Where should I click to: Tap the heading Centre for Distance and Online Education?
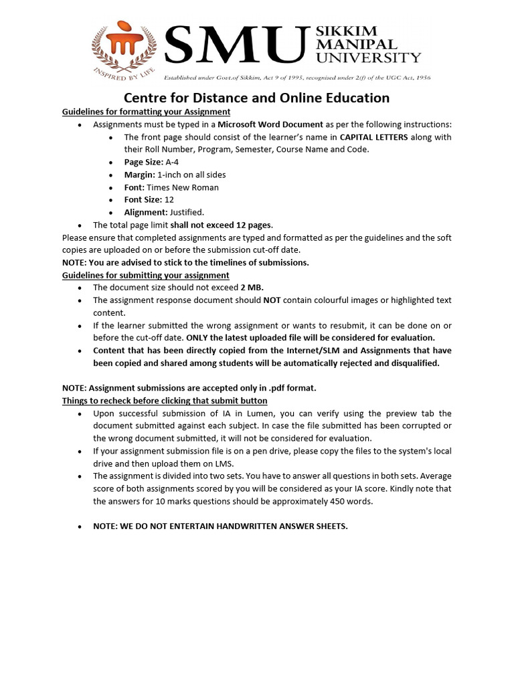click(256, 98)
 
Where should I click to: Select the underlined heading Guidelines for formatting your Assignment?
click(146, 112)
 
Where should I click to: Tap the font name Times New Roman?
click(183, 187)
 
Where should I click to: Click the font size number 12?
click(169, 199)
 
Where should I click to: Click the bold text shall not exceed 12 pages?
click(221, 225)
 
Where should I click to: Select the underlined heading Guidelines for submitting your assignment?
click(145, 275)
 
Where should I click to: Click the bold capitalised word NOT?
click(272, 300)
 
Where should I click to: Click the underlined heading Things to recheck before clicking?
click(165, 401)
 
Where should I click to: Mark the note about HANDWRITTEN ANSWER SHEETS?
click(220, 526)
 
